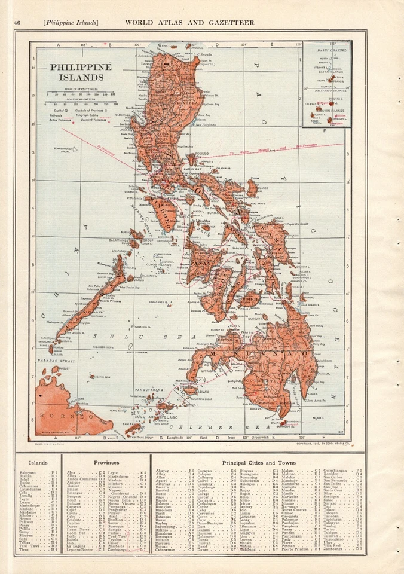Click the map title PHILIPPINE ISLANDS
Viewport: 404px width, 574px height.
80,72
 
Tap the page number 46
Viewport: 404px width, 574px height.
17,23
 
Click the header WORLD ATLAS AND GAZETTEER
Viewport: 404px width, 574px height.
189,23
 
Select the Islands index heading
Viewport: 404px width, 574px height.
38,462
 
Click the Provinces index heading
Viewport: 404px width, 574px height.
106,462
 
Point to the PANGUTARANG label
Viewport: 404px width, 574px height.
149,389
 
